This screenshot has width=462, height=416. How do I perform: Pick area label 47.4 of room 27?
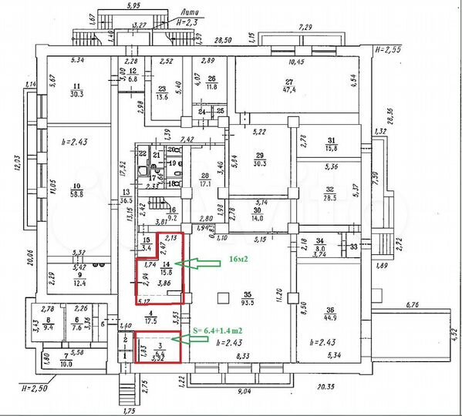[x=291, y=89]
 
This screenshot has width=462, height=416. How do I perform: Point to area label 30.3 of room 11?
[x=76, y=94]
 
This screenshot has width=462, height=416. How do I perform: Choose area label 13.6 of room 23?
[x=163, y=97]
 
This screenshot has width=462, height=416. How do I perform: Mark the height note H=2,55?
[x=389, y=49]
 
